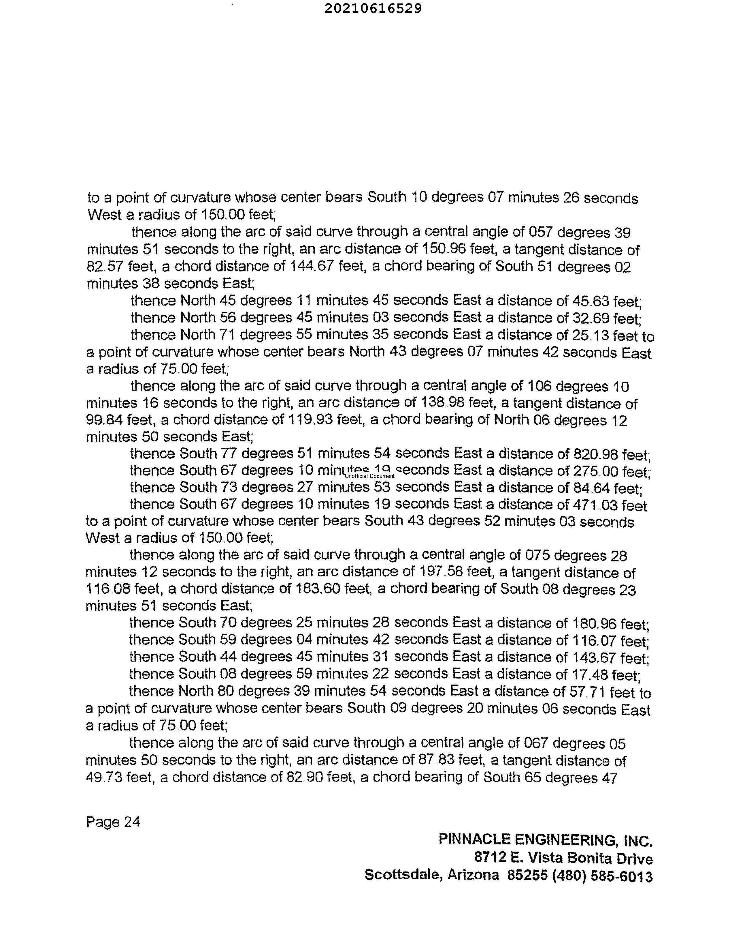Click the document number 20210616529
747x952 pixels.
click(x=373, y=9)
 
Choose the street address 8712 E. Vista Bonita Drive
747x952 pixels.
click(x=563, y=858)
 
